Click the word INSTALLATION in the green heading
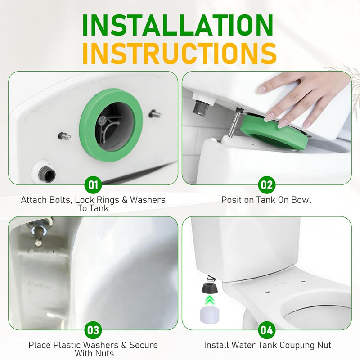point(178,25)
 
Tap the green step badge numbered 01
point(93,185)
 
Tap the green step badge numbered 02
point(267,185)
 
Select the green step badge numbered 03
point(93,330)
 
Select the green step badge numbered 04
point(267,330)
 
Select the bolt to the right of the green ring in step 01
point(155,114)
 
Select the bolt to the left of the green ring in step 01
point(64,136)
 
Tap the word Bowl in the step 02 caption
point(301,200)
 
